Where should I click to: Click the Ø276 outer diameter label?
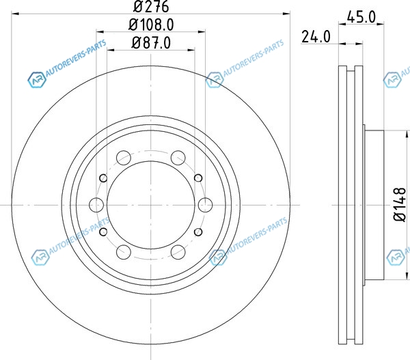[151, 7]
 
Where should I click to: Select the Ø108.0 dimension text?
[151, 25]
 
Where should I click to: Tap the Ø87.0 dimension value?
[151, 42]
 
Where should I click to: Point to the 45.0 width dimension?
[361, 17]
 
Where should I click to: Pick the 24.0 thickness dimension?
[316, 37]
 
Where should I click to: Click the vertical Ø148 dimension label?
[400, 204]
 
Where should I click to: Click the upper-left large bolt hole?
[124, 158]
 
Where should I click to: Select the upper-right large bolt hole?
[178, 158]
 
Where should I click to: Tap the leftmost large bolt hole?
[96, 205]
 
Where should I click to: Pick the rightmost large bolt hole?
[205, 205]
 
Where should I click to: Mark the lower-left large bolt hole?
[124, 252]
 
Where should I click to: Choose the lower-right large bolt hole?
[178, 252]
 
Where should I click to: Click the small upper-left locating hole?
[104, 178]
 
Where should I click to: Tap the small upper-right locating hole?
[198, 178]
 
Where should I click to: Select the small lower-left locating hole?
[104, 232]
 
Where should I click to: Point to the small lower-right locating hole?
[198, 232]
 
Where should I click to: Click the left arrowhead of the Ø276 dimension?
[15, 14]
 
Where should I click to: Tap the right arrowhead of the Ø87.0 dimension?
[191, 50]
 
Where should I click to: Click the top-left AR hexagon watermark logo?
[37, 80]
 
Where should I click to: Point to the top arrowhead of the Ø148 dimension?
[407, 135]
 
